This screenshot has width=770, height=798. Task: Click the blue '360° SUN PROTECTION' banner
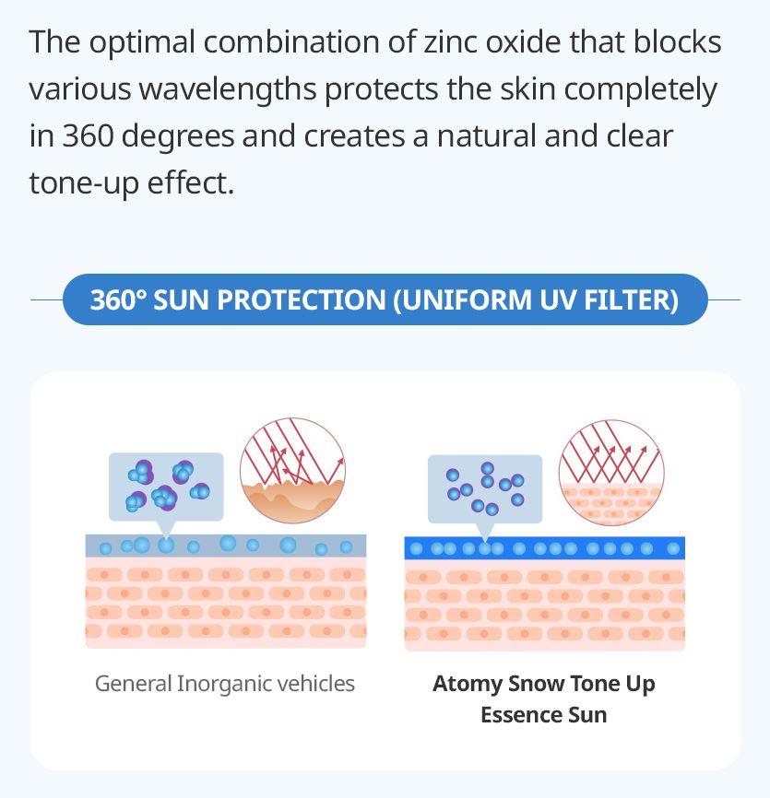coord(385,299)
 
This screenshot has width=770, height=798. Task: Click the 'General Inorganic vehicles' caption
coord(225,684)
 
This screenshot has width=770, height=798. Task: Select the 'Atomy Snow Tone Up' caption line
coord(544,684)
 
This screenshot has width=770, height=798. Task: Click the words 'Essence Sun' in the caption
coord(544,715)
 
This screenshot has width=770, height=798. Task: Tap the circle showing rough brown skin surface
coord(292,471)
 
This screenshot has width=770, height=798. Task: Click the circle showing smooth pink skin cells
coord(611,472)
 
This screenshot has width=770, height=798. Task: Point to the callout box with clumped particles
coord(166,486)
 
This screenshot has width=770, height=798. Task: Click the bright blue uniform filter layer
coord(544,548)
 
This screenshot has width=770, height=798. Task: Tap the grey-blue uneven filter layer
coord(226,546)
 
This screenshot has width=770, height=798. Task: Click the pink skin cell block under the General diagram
coord(226,603)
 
